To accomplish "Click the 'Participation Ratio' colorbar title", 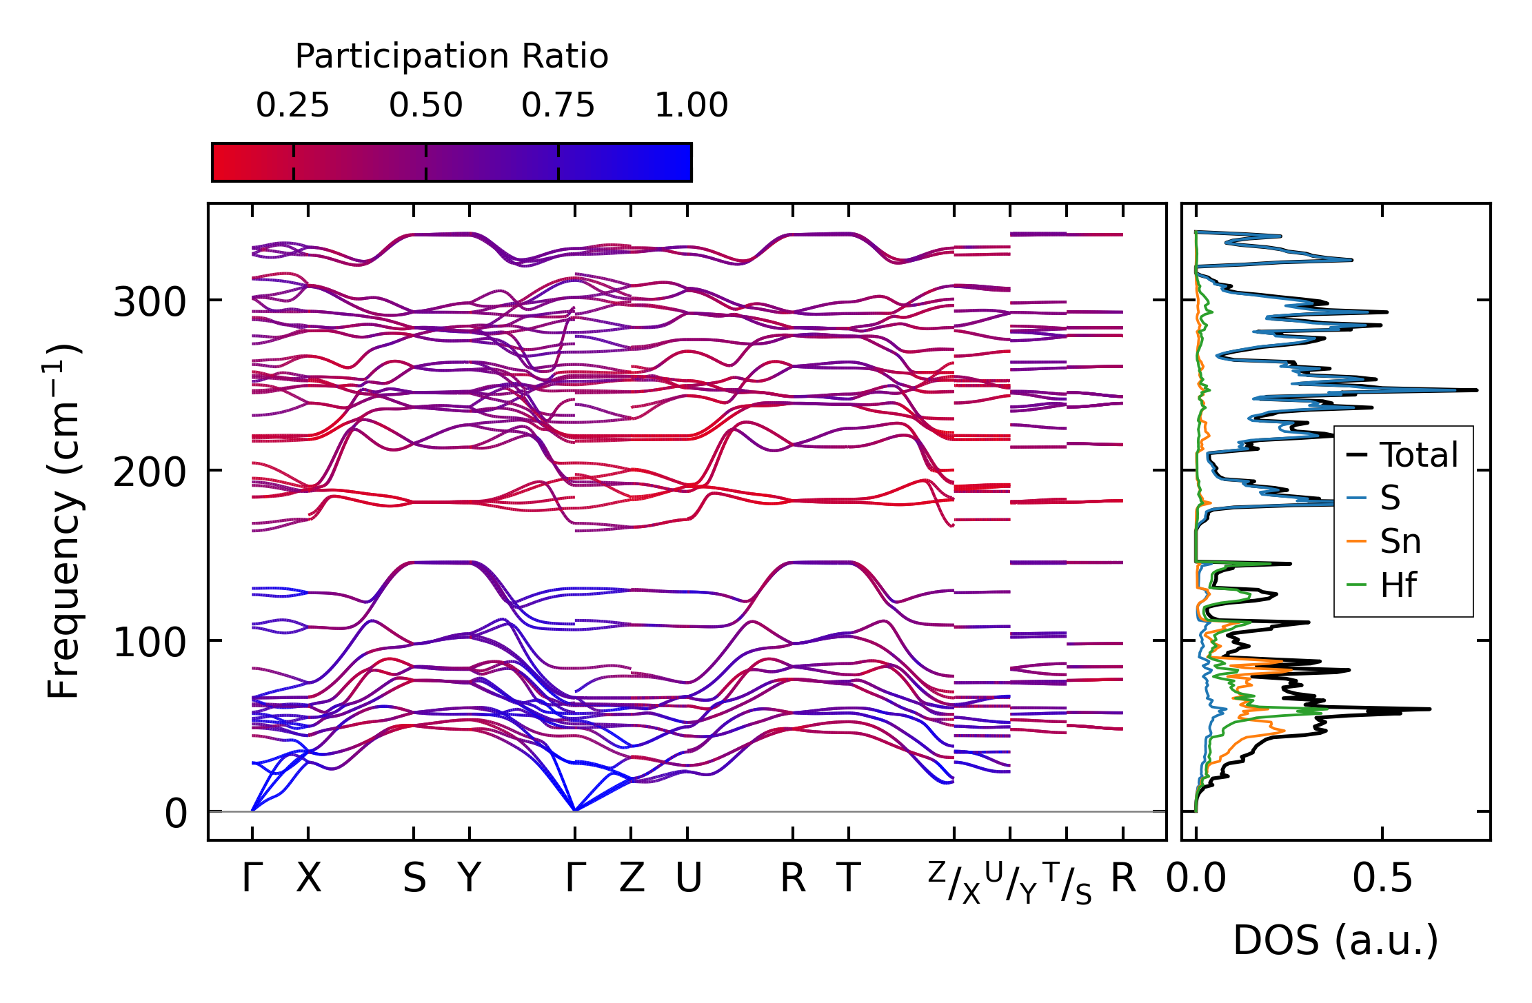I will (452, 57).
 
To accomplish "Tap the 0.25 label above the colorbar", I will (292, 105).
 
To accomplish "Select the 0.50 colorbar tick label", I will (425, 105).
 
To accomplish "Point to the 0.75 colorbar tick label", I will (558, 105).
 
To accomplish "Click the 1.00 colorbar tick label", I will (691, 105).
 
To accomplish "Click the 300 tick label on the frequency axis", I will (150, 302).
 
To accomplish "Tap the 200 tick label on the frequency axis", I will (150, 472).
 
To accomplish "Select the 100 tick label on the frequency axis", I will (150, 642).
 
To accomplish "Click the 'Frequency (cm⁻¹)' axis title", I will (64, 521).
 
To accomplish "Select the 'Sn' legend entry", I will (1400, 542).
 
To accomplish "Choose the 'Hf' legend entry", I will (1398, 585).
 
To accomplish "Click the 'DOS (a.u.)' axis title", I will (1336, 940).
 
